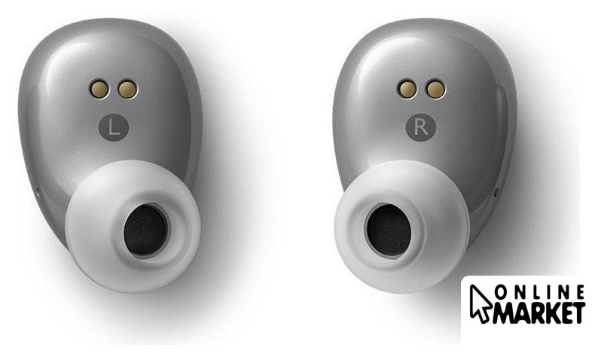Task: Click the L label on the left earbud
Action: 114,127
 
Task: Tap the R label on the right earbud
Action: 421,127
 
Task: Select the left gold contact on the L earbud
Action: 100,89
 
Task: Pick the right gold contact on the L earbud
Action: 127,90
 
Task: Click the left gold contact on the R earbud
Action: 407,89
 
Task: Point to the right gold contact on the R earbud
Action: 435,90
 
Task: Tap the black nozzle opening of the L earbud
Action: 145,230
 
